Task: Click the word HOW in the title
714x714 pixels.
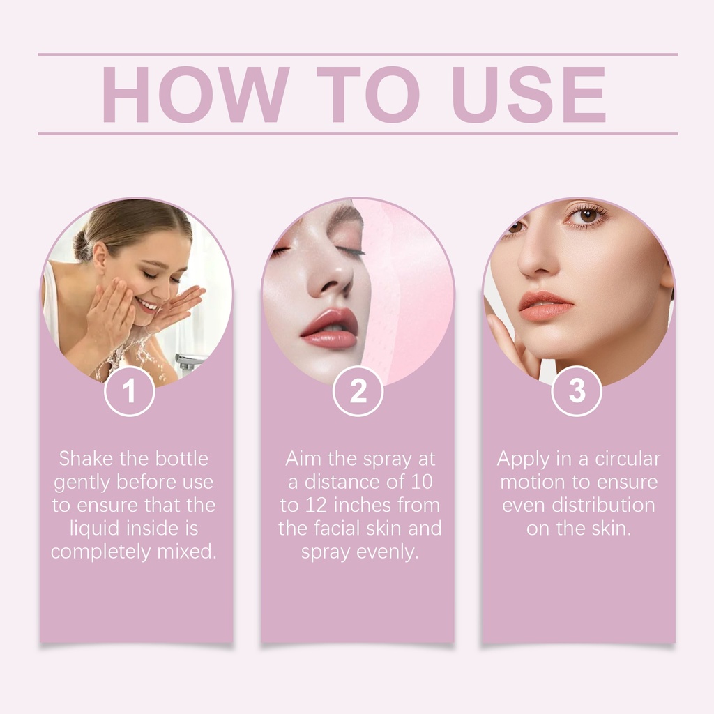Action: [x=196, y=95]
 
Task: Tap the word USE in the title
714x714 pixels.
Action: [x=529, y=95]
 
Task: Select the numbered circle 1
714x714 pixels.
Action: [x=130, y=390]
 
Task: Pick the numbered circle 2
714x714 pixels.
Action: [x=358, y=390]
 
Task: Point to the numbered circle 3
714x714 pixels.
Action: [x=577, y=390]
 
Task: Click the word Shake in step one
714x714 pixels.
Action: [x=86, y=459]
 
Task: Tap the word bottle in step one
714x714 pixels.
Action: [x=182, y=459]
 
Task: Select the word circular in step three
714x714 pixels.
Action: [x=628, y=459]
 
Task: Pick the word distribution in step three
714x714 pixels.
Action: [x=603, y=506]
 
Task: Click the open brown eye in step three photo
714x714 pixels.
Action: [x=586, y=215]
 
